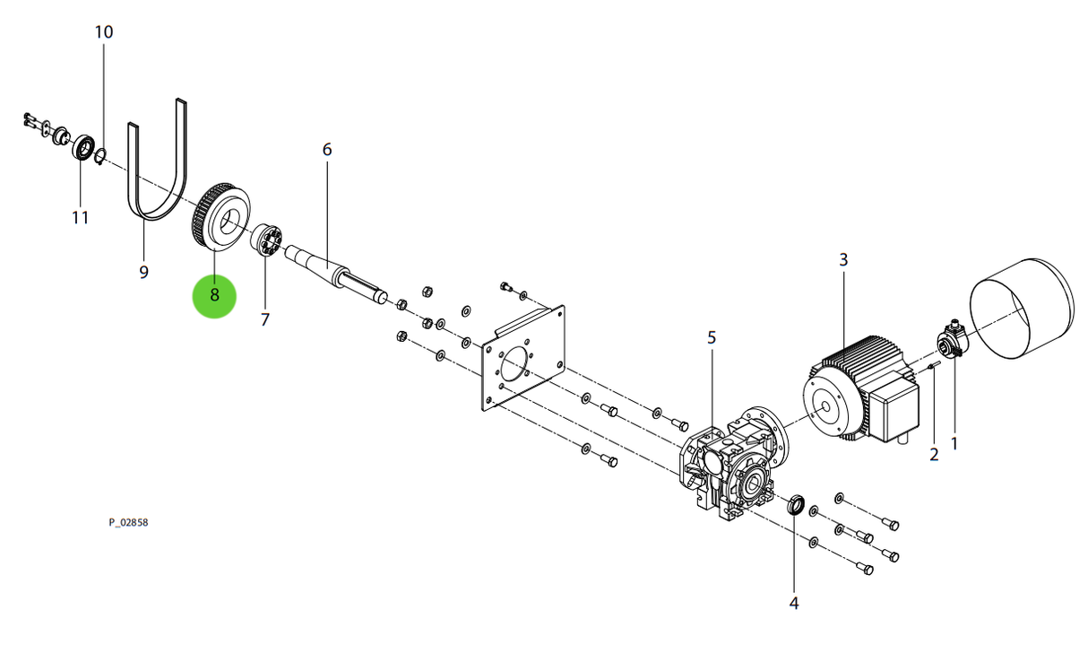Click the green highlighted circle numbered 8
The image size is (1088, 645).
[215, 295]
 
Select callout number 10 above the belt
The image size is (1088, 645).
[104, 32]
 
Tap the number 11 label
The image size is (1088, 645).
[81, 217]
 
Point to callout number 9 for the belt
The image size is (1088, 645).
[143, 271]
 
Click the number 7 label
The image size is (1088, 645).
[265, 319]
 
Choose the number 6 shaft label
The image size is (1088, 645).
[327, 149]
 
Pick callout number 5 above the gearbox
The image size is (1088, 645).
[712, 337]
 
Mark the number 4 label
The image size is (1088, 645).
[793, 604]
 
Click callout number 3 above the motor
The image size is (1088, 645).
[843, 260]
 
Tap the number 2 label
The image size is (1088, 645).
[934, 455]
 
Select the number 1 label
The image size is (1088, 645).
[954, 442]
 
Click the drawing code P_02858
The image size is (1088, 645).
[129, 522]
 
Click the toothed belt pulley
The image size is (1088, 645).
[220, 218]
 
